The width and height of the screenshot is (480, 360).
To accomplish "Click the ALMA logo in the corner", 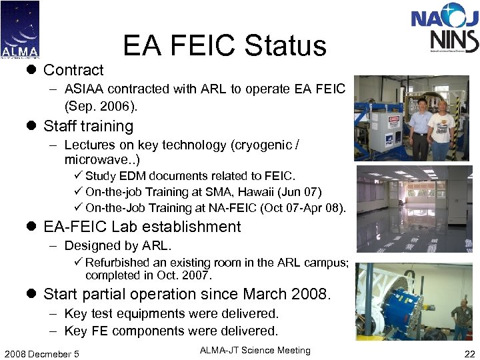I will tap(20, 29).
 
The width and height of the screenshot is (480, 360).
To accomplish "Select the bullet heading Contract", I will tap(73, 70).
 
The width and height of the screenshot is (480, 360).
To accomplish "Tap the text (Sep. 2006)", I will tap(101, 105).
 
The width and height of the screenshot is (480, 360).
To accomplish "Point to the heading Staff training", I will tap(88, 126).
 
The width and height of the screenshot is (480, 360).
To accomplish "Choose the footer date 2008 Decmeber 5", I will tap(41, 353).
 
